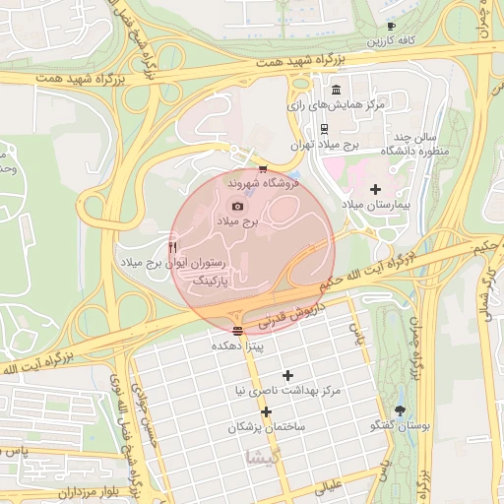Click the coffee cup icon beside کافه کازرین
pyautogui.click(x=391, y=27)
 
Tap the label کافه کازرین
pyautogui.click(x=391, y=41)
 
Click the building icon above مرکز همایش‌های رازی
pyautogui.click(x=337, y=90)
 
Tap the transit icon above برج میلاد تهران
pyautogui.click(x=324, y=128)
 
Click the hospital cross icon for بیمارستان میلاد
pyautogui.click(x=374, y=188)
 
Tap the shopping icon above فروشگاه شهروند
pyautogui.click(x=261, y=169)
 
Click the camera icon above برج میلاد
pyautogui.click(x=237, y=206)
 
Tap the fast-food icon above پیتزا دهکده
pyautogui.click(x=237, y=331)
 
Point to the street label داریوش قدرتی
pyautogui.click(x=290, y=315)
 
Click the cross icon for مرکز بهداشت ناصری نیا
pyautogui.click(x=287, y=375)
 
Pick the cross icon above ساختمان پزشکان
pyautogui.click(x=266, y=411)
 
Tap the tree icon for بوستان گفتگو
pyautogui.click(x=399, y=409)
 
